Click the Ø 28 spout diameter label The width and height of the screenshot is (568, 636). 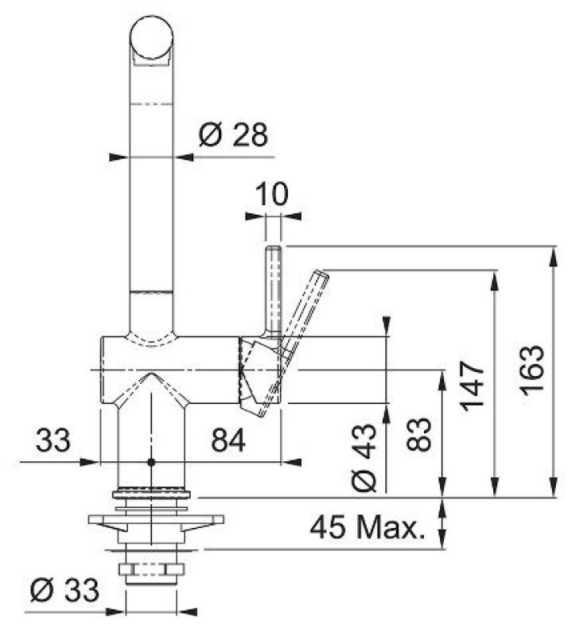pos(233,136)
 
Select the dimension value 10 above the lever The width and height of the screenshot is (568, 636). pos(273,193)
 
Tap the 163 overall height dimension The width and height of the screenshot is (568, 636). pos(532,370)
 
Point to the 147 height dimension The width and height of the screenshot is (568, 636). pos(473,384)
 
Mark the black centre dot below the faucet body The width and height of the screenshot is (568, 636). pos(150,461)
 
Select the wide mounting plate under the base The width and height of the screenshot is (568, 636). pos(151,521)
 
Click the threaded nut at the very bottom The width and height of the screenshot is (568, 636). pos(151,570)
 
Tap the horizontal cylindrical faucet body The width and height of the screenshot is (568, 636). pos(167,370)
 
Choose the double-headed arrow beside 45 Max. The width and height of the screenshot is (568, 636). pos(444,524)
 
